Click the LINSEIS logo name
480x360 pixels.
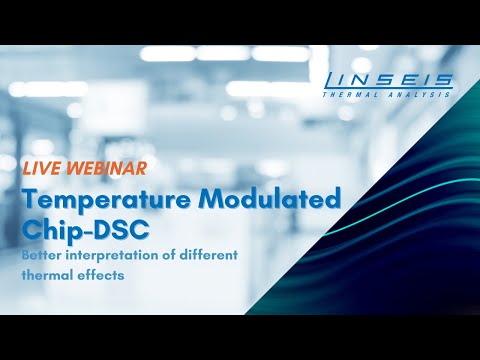[x=387, y=80]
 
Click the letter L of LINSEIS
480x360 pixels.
[x=331, y=80]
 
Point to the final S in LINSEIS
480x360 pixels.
[x=444, y=80]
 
